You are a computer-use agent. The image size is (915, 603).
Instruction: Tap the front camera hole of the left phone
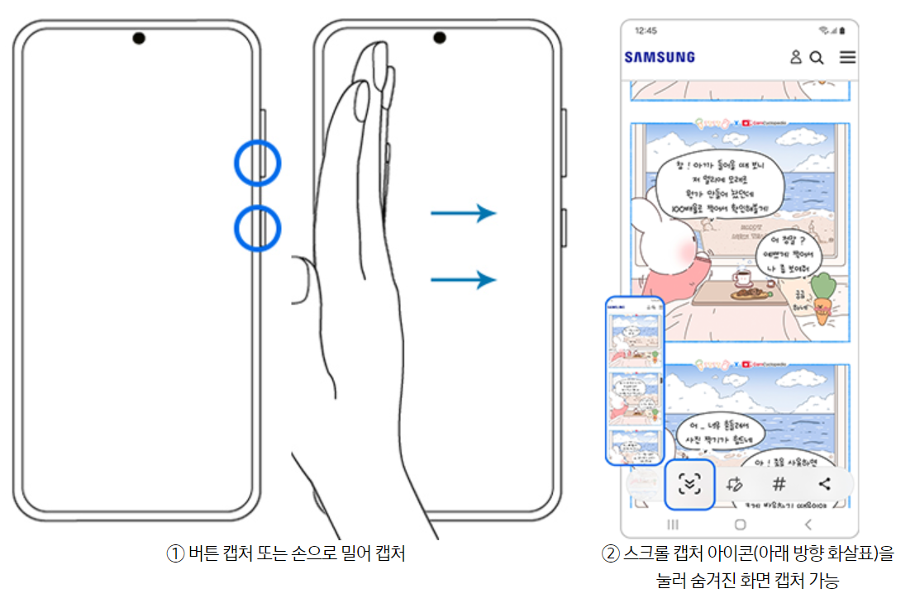138,38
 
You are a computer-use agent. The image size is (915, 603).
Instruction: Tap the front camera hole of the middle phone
439,38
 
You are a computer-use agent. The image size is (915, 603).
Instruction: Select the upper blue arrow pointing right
463,214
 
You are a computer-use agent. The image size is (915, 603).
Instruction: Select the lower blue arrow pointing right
463,280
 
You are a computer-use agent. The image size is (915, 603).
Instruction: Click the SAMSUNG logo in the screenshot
660,57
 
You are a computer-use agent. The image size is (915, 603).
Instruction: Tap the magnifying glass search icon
817,57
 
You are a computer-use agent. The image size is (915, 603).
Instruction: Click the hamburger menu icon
847,57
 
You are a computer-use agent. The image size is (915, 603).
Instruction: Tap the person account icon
796,57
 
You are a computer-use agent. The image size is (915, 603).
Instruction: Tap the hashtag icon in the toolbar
779,485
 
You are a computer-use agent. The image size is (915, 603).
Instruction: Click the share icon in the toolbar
824,485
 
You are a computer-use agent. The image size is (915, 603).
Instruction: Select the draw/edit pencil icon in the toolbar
734,485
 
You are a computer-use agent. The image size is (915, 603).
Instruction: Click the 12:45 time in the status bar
646,31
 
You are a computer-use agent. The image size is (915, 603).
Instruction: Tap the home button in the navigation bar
740,525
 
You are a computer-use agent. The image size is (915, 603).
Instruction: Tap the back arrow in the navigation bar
808,525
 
